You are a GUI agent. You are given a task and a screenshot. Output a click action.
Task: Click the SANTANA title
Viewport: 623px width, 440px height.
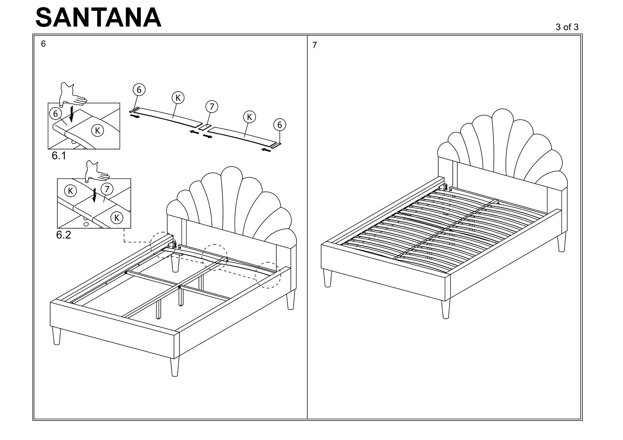click(x=98, y=18)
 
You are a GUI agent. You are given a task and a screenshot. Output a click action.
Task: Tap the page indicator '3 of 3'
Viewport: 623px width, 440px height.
click(x=567, y=27)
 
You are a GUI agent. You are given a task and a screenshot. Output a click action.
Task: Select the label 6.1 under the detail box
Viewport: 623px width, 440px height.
click(x=59, y=156)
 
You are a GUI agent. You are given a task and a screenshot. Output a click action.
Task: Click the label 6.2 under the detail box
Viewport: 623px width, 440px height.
click(x=64, y=235)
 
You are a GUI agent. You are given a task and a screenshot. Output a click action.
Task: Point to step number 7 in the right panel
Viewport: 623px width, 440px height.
click(x=314, y=45)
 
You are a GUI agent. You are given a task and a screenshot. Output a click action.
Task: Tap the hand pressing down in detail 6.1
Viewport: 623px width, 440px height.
click(x=71, y=94)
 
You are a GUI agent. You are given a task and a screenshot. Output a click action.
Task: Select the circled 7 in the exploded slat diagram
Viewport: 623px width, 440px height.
click(x=211, y=107)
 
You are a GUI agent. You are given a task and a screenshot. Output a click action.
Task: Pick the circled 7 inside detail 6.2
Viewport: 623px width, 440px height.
click(x=107, y=189)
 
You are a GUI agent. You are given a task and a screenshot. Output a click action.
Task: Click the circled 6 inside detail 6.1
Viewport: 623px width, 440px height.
click(x=55, y=113)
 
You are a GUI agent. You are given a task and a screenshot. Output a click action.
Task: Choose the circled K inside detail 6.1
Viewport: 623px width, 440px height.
click(x=97, y=130)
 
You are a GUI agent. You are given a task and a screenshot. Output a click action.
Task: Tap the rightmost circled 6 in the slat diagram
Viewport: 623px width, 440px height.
click(x=280, y=125)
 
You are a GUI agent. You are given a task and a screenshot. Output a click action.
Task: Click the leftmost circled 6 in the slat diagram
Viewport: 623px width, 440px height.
click(x=139, y=90)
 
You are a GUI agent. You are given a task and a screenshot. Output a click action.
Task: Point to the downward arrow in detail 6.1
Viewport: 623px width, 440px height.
click(x=72, y=114)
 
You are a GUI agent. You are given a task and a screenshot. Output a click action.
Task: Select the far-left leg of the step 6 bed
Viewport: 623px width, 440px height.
click(x=56, y=336)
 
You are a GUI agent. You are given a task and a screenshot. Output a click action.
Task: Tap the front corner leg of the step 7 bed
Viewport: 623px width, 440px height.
click(x=446, y=309)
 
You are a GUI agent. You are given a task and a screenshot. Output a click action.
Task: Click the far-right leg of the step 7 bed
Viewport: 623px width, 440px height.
click(x=562, y=242)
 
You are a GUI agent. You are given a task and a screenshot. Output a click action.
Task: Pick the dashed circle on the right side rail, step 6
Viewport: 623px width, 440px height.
click(x=268, y=275)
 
